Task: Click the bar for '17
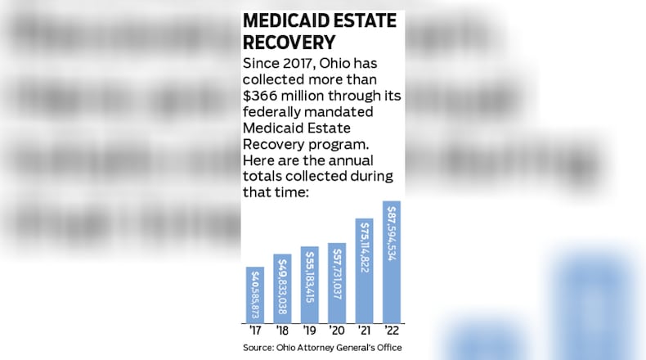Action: coord(255,294)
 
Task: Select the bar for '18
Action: coord(282,288)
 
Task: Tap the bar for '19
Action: coord(309,284)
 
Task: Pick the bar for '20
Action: coord(336,282)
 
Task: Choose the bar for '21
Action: coord(364,270)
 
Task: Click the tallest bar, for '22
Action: coord(391,261)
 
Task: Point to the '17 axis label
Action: coord(255,331)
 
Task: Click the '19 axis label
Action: coord(309,331)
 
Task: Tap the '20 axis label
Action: coord(336,331)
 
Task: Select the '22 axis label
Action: coord(391,331)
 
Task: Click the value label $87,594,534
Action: coord(392,237)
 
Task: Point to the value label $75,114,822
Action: coord(365,254)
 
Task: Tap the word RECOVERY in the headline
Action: coord(286,43)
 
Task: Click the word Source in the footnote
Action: coord(259,349)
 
